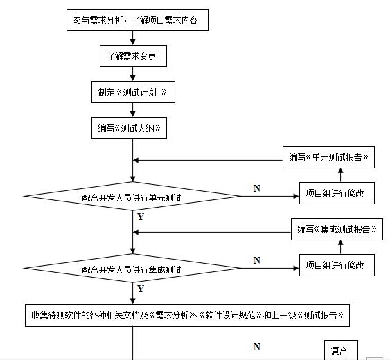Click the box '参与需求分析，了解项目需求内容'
tap(136, 21)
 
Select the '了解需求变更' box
tap(132, 56)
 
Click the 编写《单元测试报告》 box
tap(329, 157)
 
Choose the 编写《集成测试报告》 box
tap(337, 229)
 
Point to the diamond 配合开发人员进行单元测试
tap(132, 197)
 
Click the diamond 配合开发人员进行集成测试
tap(132, 269)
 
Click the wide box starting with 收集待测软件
tap(187, 316)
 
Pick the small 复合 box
tap(339, 350)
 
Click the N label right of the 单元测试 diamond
tap(257, 188)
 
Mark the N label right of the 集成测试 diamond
tap(257, 260)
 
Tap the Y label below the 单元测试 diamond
tap(141, 217)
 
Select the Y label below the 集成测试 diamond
tap(141, 288)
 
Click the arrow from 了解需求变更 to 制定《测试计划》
tap(132, 74)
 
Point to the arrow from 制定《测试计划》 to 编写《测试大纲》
tap(132, 109)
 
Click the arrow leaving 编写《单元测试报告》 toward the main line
tap(208, 160)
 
